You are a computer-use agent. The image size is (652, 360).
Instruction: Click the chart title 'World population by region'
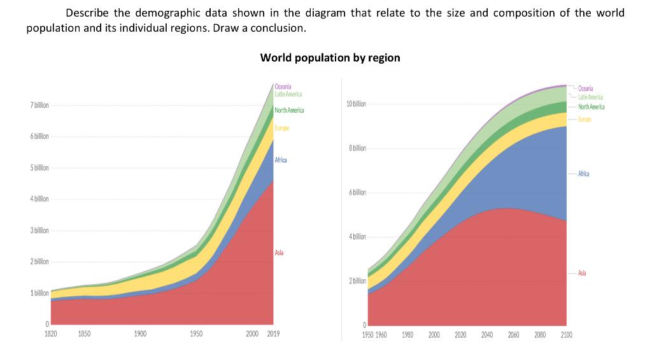330,58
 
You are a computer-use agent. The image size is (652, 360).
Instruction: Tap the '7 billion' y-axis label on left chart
39,105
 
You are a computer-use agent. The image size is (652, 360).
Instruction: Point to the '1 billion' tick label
39,293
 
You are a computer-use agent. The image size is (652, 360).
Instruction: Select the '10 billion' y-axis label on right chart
356,104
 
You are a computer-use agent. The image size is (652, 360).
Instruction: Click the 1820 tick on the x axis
51,334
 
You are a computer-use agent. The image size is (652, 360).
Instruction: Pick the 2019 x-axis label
273,334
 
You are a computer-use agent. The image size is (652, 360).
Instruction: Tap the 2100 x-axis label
566,335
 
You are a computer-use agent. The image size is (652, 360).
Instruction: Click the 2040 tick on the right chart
486,335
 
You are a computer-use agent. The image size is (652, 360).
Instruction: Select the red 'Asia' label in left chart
279,253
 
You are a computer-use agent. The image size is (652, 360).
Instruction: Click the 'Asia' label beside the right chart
582,273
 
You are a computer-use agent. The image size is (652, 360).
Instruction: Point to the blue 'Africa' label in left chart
281,160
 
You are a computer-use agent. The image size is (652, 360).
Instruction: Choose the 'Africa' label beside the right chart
583,173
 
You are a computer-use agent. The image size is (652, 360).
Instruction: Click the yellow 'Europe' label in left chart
281,128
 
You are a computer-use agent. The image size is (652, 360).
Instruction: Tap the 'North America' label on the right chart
592,107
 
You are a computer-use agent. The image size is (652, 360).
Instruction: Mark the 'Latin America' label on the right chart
590,97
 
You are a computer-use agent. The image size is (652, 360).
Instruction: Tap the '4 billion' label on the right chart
357,237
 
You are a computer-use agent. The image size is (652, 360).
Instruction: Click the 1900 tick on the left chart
141,334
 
